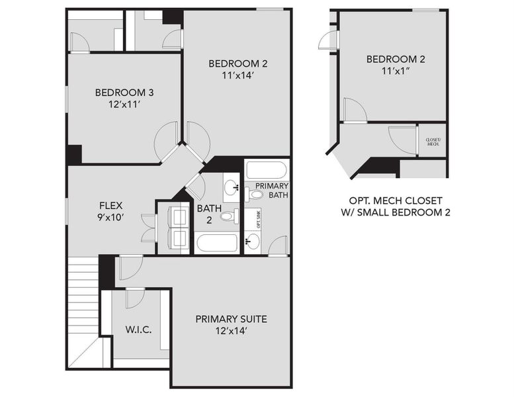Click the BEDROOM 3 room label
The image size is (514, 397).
[125, 92]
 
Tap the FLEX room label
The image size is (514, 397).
[111, 205]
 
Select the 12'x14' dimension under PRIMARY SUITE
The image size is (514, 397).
[231, 330]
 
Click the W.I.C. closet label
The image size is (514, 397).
[139, 329]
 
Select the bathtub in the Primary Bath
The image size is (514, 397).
[266, 169]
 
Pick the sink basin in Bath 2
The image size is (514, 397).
[232, 188]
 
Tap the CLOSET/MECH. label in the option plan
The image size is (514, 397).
[433, 142]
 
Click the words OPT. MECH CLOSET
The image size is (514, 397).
[396, 200]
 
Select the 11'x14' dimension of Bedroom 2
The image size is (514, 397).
[237, 75]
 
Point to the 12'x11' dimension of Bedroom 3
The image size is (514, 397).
[125, 105]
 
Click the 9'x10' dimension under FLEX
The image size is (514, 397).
[111, 217]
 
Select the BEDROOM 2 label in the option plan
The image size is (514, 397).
[396, 59]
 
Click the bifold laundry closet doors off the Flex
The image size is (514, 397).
[148, 227]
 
